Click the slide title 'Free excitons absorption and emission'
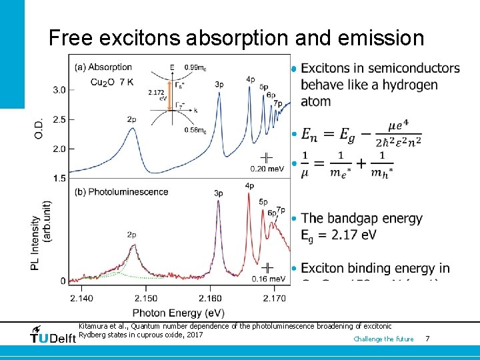pyautogui.click(x=236, y=38)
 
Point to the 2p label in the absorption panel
pyautogui.click(x=132, y=119)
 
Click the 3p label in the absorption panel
pyautogui.click(x=219, y=84)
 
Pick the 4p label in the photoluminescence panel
pyautogui.click(x=249, y=185)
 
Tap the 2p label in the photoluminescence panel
pyautogui.click(x=132, y=235)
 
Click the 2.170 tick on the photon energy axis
pyautogui.click(x=274, y=298)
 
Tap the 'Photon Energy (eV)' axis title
pyautogui.click(x=178, y=312)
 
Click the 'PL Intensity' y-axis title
pyautogui.click(x=35, y=235)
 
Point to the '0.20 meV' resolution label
pyautogui.click(x=267, y=169)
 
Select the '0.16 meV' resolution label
pyautogui.click(x=269, y=278)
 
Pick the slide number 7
pyautogui.click(x=427, y=339)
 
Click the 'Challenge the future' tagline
pyautogui.click(x=383, y=339)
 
